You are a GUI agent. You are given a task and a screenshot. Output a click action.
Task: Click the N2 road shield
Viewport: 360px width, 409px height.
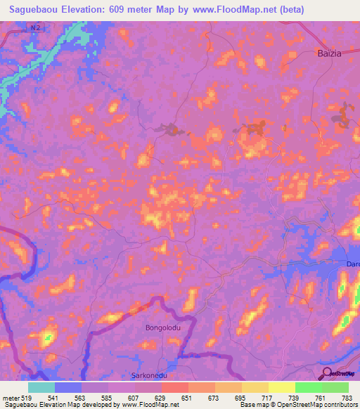click(x=36, y=27)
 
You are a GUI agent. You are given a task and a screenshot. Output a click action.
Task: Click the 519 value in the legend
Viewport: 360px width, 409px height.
click(x=22, y=397)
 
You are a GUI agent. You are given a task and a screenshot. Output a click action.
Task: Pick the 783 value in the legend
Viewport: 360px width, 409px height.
click(x=347, y=397)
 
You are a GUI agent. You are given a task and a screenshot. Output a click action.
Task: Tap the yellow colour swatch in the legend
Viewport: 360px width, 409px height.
click(x=282, y=387)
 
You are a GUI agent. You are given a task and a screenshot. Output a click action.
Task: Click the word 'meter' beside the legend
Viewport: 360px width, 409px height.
click(x=8, y=397)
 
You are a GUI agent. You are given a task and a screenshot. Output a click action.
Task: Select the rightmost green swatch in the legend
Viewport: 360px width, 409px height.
click(x=335, y=387)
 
